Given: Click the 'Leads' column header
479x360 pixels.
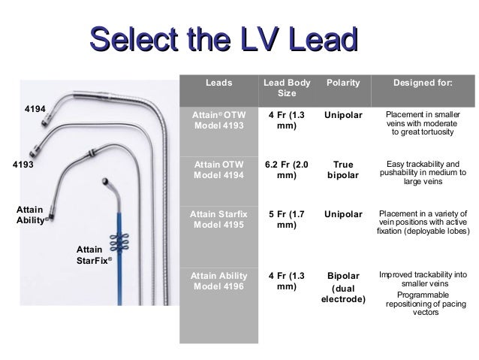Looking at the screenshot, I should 218,83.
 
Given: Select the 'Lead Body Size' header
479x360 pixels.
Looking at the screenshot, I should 286,88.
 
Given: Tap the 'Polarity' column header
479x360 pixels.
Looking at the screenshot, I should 341,83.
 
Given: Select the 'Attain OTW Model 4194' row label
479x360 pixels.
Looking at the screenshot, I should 218,169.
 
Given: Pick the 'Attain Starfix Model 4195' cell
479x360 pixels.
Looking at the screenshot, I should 218,219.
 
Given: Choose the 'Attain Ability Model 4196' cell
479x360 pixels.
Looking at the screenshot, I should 218,280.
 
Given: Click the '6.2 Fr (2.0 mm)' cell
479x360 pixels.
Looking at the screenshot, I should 286,169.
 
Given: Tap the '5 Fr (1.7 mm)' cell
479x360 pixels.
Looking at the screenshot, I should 286,219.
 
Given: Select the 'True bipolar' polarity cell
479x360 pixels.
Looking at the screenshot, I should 341,169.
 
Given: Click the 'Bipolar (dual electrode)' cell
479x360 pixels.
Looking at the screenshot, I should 341,287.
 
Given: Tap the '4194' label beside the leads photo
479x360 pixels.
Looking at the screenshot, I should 36,110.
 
